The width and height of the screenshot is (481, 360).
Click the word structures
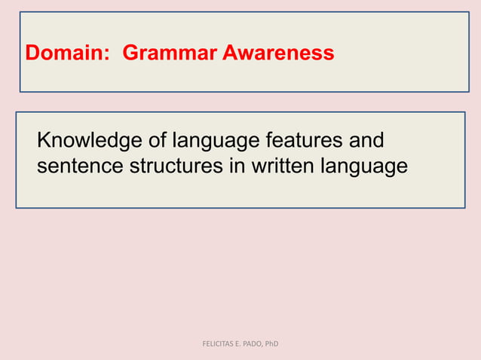pyautogui.click(x=176, y=166)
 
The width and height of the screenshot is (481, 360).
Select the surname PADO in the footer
pyautogui.click(x=257, y=344)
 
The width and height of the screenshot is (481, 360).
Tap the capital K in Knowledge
pyautogui.click(x=44, y=141)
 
